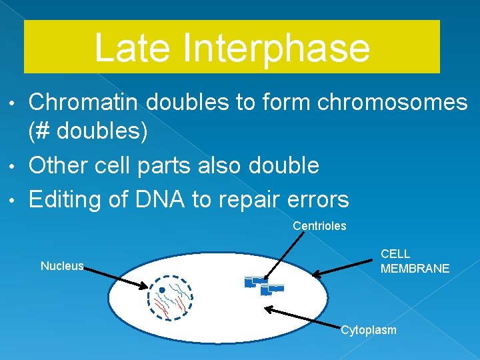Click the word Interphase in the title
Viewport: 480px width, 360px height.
[275, 48]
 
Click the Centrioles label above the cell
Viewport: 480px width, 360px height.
[319, 226]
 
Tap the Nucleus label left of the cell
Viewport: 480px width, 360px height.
[62, 266]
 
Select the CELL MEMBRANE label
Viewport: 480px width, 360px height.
[415, 261]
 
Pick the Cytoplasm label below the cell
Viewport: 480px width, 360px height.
[368, 330]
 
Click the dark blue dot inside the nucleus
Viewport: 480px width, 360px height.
[162, 290]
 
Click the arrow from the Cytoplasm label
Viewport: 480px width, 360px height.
[300, 317]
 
